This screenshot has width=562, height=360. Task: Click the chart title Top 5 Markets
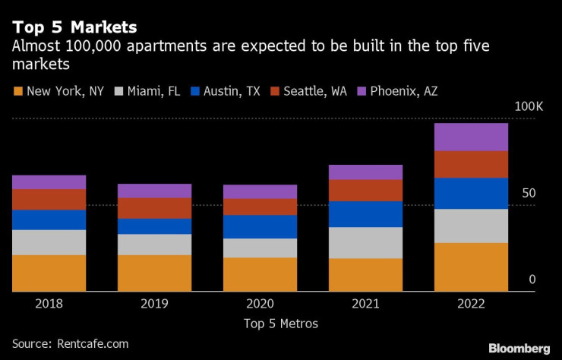[x=74, y=27]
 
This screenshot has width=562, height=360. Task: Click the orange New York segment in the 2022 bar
[x=471, y=267]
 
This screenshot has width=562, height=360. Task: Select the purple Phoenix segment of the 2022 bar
[x=471, y=137]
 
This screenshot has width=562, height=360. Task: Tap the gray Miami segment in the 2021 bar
[x=365, y=242]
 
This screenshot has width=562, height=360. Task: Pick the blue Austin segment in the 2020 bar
[x=260, y=226]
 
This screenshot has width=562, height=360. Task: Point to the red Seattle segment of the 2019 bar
[x=155, y=208]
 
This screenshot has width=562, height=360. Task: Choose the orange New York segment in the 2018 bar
[x=49, y=273]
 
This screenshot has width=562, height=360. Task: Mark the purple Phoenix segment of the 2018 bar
[x=49, y=182]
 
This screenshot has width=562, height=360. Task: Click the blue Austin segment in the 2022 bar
[x=471, y=193]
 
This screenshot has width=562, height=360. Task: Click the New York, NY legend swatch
[x=17, y=92]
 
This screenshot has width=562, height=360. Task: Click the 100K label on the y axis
[x=529, y=108]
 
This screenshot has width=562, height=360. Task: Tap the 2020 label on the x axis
[x=260, y=303]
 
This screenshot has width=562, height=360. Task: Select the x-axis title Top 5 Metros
[x=281, y=324]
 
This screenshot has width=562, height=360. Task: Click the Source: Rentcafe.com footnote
[x=69, y=344]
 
